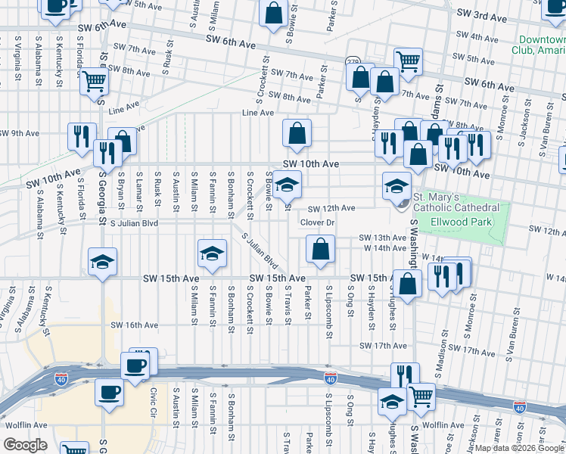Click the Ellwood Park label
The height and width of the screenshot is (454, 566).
[461, 222]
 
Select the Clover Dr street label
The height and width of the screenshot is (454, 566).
[317, 222]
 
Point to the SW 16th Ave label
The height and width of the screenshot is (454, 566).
[135, 325]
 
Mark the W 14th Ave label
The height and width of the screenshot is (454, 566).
[386, 248]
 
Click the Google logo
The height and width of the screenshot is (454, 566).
[26, 445]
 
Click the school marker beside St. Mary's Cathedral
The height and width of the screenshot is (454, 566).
[397, 186]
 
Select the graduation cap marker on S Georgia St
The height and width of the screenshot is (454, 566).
[103, 262]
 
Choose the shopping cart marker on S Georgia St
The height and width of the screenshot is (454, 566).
[94, 80]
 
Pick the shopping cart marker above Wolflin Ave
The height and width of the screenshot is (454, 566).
[421, 394]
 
